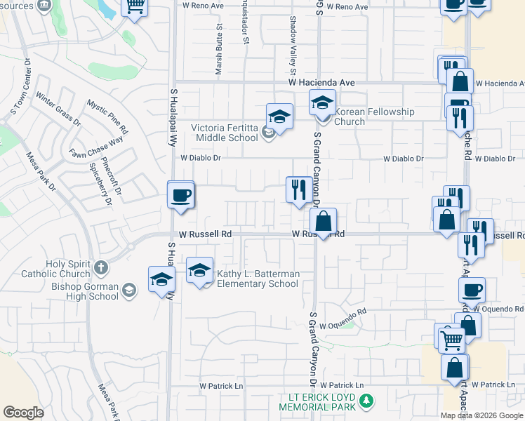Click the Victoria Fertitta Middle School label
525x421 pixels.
(225, 133)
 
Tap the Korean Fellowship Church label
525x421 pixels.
(374, 116)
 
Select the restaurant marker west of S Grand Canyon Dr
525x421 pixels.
(299, 189)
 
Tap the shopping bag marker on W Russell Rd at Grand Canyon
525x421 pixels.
(324, 222)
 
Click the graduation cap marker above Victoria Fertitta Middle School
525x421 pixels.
(279, 116)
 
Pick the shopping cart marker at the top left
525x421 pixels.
(134, 6)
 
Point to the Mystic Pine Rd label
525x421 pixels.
(107, 117)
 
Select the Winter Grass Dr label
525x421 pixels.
(58, 111)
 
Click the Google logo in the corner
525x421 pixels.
(23, 413)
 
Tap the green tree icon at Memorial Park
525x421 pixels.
(365, 401)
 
